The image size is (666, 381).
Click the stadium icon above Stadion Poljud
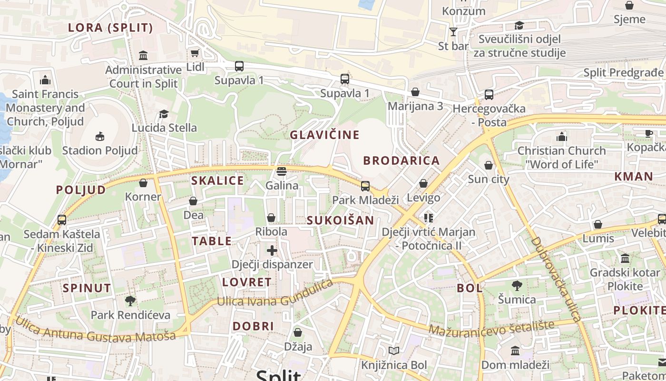pos(99,137)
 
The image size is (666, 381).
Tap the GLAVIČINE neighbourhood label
pos(325,135)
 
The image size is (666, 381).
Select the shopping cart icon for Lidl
pos(194,53)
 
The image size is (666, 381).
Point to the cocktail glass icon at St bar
pos(453,32)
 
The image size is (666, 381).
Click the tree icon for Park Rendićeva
pos(130,301)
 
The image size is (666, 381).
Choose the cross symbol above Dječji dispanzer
pos(272,251)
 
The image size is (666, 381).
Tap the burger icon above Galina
pos(282,171)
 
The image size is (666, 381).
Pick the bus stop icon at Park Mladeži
pos(365,186)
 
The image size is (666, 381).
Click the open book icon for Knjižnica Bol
pos(393,351)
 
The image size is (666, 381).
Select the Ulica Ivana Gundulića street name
pos(275,294)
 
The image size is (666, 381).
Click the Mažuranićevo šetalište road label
pos(491,328)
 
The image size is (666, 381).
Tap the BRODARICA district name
pos(402,160)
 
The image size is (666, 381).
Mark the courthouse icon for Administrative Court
pos(143,55)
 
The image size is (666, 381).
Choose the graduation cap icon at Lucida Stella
pos(164,114)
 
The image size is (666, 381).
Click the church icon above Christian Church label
pos(562,137)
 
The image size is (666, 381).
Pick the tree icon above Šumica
pos(517,286)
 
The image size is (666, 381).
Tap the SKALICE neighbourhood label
pos(217,180)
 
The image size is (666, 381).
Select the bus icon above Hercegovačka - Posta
pos(489,95)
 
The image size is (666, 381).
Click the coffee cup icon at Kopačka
pos(648,134)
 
